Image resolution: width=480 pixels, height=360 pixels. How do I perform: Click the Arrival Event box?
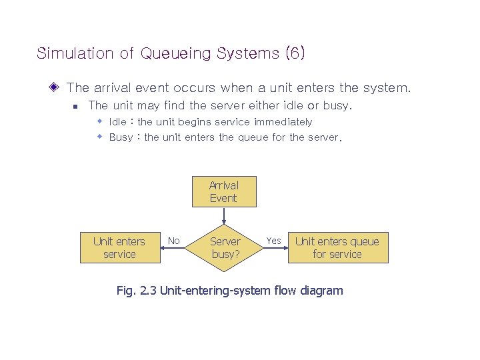tap(223, 192)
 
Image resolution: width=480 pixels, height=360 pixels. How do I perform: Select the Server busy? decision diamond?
tap(225, 248)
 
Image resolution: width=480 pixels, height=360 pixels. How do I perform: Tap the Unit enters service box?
tap(119, 248)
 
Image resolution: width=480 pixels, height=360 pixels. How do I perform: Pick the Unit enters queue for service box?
tap(337, 248)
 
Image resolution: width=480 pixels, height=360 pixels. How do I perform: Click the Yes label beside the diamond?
tap(273, 241)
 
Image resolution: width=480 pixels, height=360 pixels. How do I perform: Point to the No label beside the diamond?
tap(173, 241)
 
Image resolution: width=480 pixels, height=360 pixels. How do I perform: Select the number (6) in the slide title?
tap(295, 53)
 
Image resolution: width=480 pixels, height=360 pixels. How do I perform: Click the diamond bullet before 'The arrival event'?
tap(55, 87)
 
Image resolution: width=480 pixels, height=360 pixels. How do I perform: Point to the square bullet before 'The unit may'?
tap(75, 106)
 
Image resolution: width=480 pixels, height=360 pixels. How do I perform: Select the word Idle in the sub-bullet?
tap(117, 122)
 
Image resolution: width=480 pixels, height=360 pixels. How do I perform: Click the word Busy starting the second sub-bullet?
tap(121, 137)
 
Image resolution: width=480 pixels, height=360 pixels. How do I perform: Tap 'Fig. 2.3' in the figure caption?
tap(136, 291)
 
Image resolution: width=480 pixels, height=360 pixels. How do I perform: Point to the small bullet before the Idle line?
tap(99, 121)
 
